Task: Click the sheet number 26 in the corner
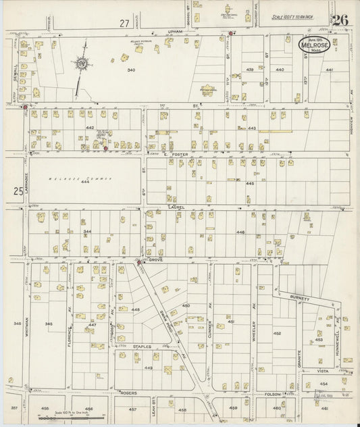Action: (340, 20)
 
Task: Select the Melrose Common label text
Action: (74, 178)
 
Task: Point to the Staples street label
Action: (142, 346)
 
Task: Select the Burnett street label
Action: (301, 297)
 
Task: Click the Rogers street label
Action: (128, 392)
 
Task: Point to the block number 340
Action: (130, 70)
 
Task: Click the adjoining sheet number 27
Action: (124, 23)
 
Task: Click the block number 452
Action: (277, 333)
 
